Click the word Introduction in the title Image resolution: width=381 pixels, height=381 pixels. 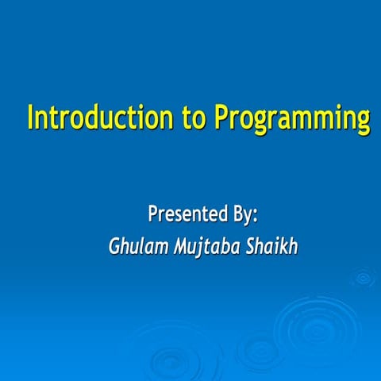point(100,117)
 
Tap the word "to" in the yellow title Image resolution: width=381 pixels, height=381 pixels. point(194,118)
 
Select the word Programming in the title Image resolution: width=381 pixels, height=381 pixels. point(292,119)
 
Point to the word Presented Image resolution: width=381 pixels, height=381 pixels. point(188,214)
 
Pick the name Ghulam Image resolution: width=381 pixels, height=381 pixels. point(138,246)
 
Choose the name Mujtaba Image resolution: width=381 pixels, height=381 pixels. point(207,247)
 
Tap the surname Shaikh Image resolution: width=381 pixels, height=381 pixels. point(271,246)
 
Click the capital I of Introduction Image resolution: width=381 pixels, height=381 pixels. point(30,117)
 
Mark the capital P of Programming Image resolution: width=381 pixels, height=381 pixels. point(221,117)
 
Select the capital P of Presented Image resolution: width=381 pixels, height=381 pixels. point(153,214)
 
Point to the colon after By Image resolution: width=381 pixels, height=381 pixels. point(255,217)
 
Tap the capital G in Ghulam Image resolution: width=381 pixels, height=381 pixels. point(114,246)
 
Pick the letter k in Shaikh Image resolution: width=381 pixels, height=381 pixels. point(281,246)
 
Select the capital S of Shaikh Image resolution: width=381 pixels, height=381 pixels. point(251,246)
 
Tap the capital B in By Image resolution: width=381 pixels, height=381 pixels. point(238,214)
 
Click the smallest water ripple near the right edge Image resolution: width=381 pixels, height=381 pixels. point(363,278)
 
